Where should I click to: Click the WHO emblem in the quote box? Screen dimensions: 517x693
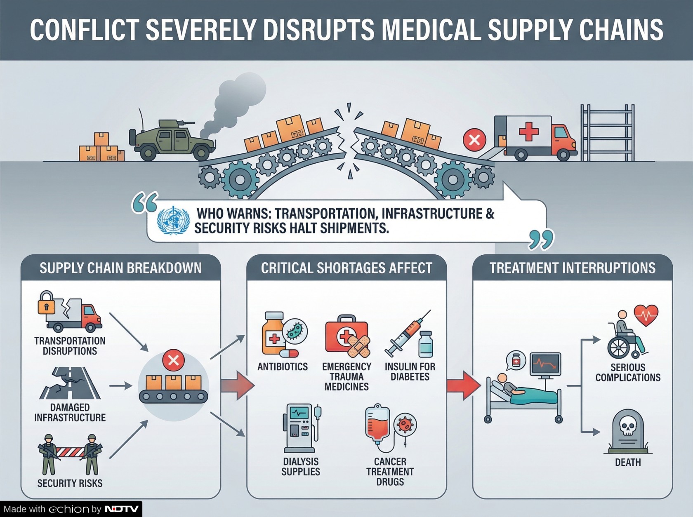173,221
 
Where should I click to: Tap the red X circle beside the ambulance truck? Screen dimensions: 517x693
474,140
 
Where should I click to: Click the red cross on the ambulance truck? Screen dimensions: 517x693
528,132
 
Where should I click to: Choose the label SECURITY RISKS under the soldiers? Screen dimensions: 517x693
70,483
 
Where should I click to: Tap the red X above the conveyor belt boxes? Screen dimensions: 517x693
173,360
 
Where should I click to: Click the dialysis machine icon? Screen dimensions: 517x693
300,429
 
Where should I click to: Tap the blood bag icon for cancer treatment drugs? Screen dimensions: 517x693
378,425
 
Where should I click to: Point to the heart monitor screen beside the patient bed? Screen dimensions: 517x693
545,364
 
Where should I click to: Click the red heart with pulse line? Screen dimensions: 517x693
646,315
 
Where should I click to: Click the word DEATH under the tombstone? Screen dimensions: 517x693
628,463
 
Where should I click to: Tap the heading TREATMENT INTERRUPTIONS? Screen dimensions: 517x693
572,268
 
